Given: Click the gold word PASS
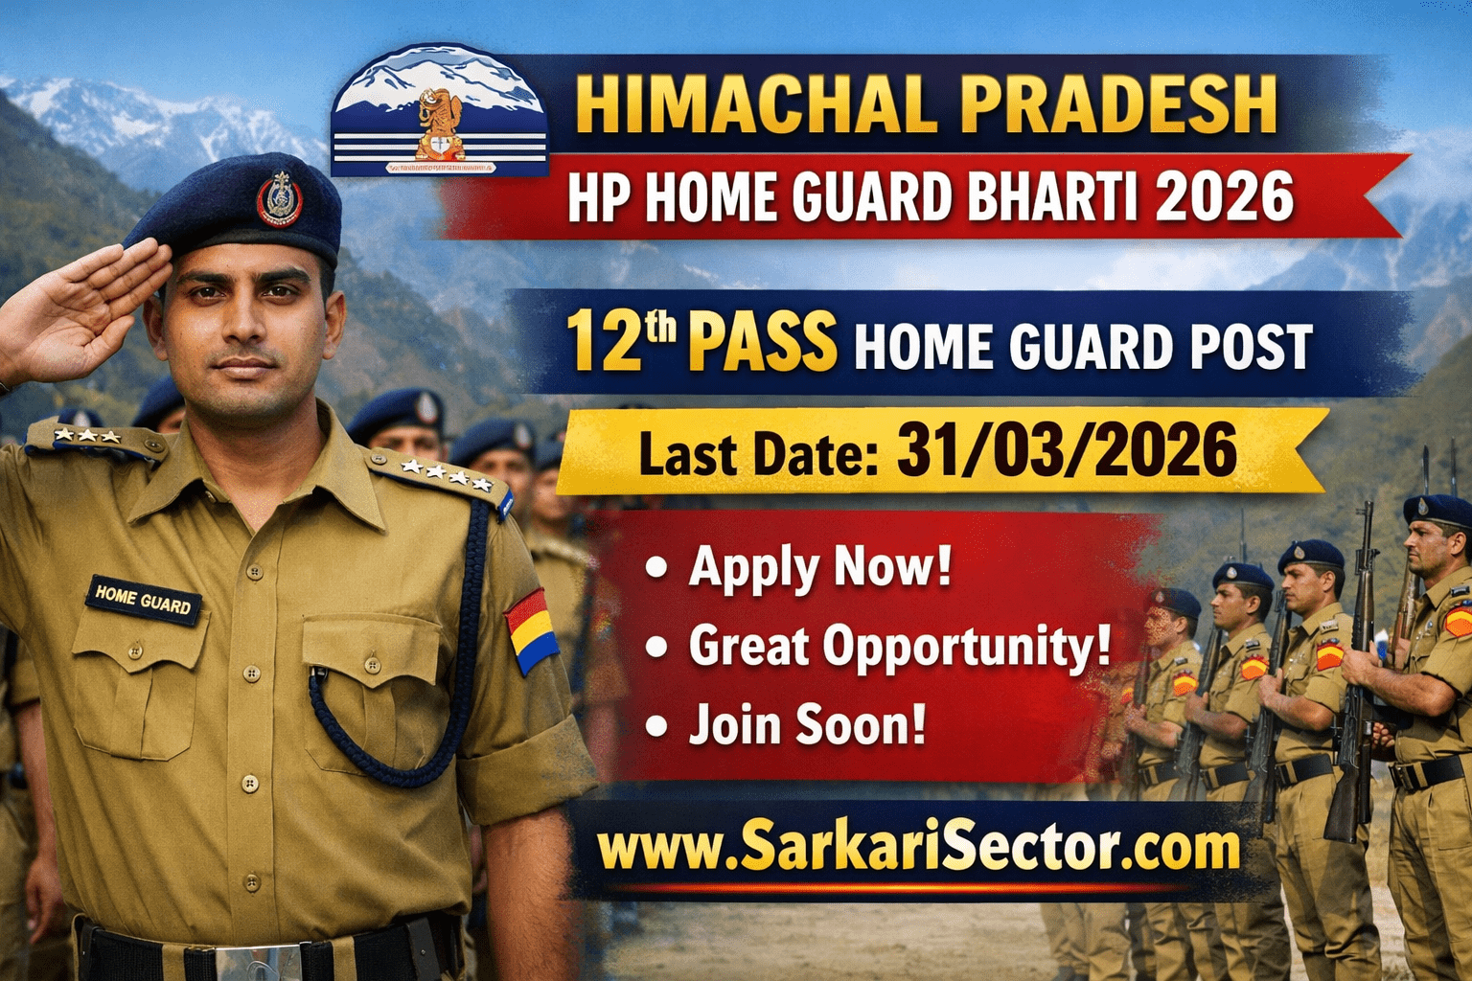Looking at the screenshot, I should (x=762, y=344).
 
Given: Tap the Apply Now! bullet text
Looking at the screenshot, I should (x=819, y=567).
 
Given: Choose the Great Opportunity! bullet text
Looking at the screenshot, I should (x=899, y=646).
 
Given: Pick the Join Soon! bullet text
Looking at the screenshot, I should (x=807, y=725).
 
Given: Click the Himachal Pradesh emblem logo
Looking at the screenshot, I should (x=440, y=117).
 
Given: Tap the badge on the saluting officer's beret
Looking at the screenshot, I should (x=279, y=198).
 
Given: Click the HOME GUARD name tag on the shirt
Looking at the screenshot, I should (x=144, y=600).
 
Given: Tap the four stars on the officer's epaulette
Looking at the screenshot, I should (x=446, y=472).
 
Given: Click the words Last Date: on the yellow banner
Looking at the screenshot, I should (x=758, y=455).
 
